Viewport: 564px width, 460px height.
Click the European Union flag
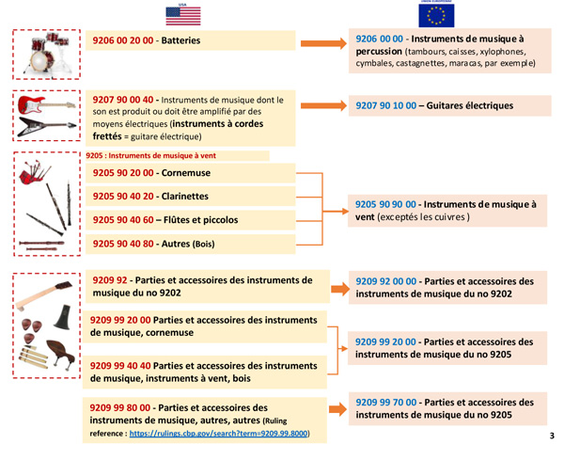click(437, 14)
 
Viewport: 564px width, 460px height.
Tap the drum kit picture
click(46, 55)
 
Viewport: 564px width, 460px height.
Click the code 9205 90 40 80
click(125, 244)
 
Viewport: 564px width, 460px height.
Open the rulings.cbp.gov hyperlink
click(218, 434)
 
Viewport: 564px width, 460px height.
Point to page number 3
click(552, 436)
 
